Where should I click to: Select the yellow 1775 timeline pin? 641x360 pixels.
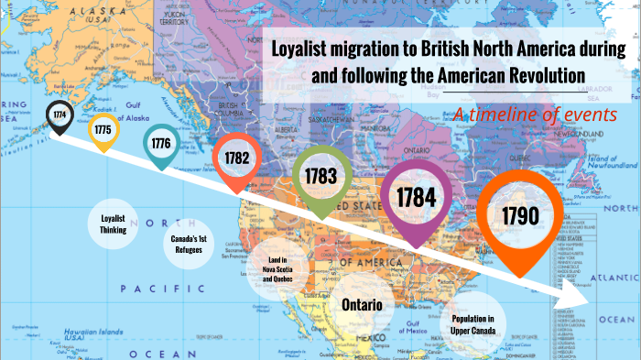tap(103, 130)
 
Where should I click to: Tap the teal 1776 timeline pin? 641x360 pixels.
tap(161, 144)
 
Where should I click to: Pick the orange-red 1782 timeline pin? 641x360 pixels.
tap(236, 158)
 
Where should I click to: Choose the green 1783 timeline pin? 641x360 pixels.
tap(321, 174)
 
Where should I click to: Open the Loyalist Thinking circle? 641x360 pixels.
tap(114, 224)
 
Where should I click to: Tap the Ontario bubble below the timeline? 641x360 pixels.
tap(362, 303)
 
